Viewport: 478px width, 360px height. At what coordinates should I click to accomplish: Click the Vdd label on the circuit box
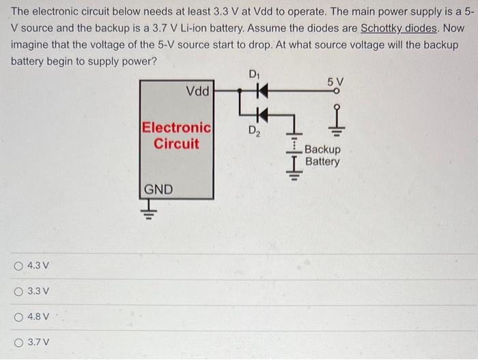(197, 91)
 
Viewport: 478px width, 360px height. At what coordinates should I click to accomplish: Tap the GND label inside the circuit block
(158, 189)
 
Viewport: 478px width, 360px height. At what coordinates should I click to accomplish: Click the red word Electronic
(176, 128)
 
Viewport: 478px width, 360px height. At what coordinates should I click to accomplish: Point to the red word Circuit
(176, 144)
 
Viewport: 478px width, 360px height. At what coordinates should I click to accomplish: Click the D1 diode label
(254, 74)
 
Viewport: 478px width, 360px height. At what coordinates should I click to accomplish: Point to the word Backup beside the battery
(322, 150)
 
